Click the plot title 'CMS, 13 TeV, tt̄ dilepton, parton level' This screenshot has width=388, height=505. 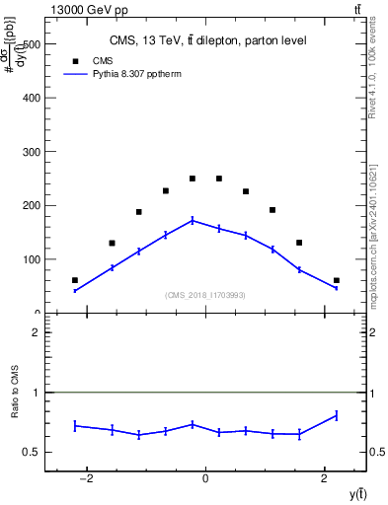click(x=207, y=40)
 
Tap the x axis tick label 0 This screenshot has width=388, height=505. click(x=205, y=479)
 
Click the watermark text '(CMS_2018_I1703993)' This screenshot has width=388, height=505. click(x=205, y=294)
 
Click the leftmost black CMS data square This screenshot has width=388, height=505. click(x=75, y=280)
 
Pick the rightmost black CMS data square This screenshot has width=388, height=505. click(x=336, y=280)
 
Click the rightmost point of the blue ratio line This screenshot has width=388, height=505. click(x=336, y=415)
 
